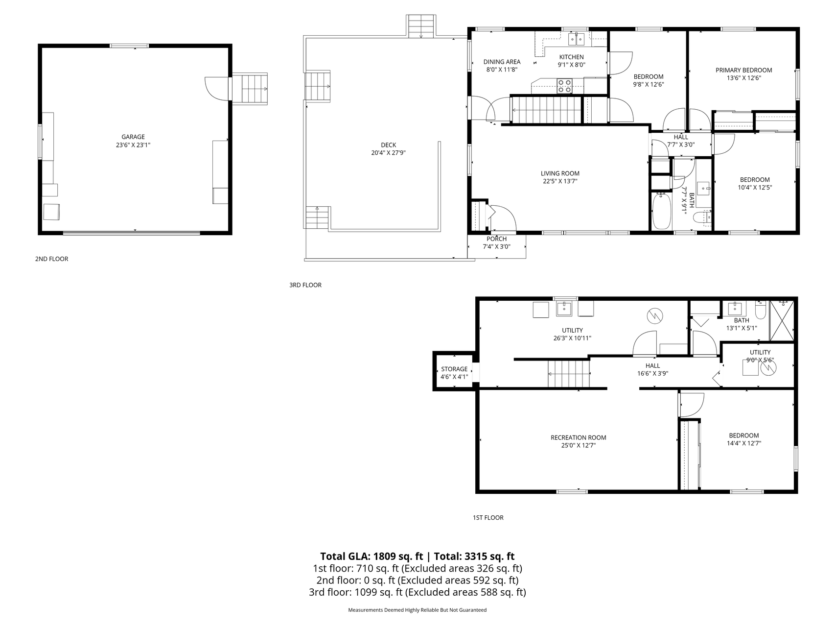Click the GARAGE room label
(133, 137)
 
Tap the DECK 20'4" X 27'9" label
(389, 148)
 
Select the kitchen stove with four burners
(564, 86)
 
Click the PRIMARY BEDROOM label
(743, 70)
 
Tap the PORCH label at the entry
(497, 239)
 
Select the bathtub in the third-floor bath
(662, 211)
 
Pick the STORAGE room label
(454, 369)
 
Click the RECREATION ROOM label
(578, 438)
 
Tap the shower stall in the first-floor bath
(781, 321)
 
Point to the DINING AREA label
(502, 62)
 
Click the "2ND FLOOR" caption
(51, 259)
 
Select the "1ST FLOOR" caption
(487, 517)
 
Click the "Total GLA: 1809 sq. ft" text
(371, 556)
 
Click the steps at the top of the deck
(421, 26)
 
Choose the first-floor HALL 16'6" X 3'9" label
(652, 369)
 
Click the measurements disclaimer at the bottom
(417, 610)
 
